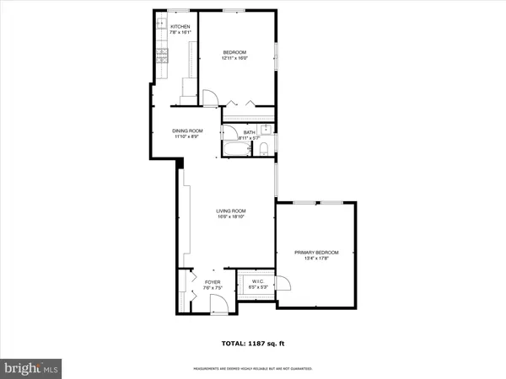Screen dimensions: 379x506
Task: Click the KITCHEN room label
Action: (x=180, y=27)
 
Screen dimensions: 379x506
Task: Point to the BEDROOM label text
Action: (x=234, y=51)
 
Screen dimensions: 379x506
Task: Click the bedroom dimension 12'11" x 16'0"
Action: (x=234, y=58)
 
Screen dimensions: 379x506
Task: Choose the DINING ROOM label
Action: (x=188, y=131)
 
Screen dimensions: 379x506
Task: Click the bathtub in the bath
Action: (x=235, y=149)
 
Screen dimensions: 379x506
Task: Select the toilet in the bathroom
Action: (x=263, y=149)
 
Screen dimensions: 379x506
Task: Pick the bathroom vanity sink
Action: (x=264, y=130)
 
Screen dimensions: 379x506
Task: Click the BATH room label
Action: (x=249, y=131)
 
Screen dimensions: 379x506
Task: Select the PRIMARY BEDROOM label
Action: (x=316, y=252)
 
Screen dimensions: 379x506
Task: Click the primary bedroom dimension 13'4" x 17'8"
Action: (x=316, y=259)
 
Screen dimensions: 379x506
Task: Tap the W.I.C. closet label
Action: (x=257, y=281)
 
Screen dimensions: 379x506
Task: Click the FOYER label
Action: (x=212, y=281)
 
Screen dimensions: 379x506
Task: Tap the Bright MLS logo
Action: (x=32, y=367)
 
